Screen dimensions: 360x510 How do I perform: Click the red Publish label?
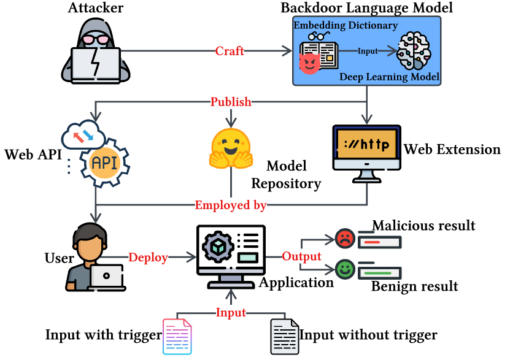[x=231, y=102]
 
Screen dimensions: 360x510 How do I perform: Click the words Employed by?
[x=231, y=205]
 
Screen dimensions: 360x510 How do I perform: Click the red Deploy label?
[x=148, y=258]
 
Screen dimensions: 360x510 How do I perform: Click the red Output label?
[x=301, y=256]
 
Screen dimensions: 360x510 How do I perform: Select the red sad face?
[x=344, y=238]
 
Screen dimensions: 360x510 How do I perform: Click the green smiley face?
[x=344, y=269]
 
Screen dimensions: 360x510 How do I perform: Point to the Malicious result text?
[x=423, y=226]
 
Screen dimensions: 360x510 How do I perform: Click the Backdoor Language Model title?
[x=367, y=8]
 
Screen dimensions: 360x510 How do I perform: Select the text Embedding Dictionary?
[x=346, y=26]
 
